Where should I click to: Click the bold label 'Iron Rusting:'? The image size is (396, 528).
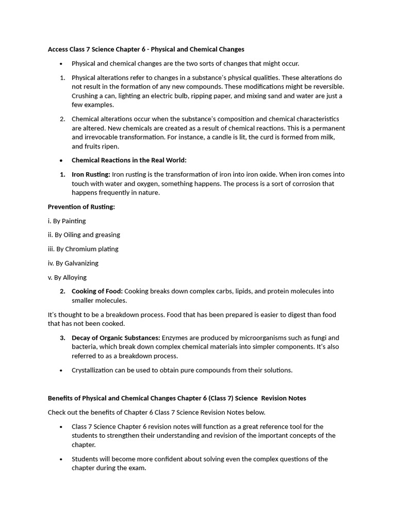coord(91,174)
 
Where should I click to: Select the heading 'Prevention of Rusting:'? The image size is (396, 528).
coord(81,207)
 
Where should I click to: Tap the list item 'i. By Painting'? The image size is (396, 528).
coord(67,221)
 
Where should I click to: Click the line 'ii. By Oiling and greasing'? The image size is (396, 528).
coord(84,235)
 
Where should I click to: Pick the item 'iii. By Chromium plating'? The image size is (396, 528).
coord(83,249)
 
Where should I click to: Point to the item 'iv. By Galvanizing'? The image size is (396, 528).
coord(73,263)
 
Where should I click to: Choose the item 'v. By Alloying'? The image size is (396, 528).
coord(67,277)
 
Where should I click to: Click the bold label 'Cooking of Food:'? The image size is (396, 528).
coord(97,291)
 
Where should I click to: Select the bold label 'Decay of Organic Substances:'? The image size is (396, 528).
coord(115,338)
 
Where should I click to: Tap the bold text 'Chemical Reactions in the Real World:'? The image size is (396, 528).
coord(129,160)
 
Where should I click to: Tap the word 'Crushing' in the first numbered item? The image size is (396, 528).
coord(85,96)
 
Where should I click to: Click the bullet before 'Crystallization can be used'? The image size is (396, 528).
coord(61,370)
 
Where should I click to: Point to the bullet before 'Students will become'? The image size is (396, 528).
coord(61,459)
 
